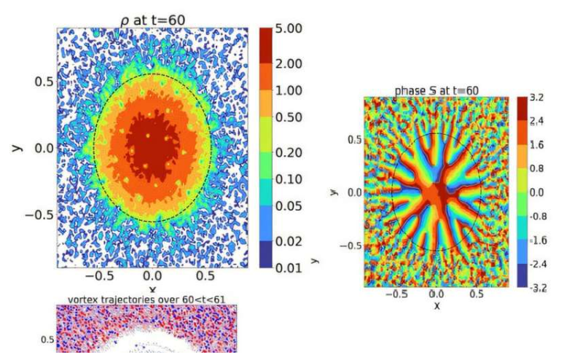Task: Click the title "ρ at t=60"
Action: point(152,20)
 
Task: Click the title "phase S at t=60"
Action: point(436,90)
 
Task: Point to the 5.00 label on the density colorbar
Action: point(293,30)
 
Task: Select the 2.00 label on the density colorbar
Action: point(293,64)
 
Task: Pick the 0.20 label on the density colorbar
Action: point(293,152)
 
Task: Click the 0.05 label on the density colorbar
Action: point(293,206)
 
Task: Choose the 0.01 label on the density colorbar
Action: point(293,267)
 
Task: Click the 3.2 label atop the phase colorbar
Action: point(537,97)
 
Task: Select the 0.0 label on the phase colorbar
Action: point(537,192)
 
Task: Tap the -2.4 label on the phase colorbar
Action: point(537,264)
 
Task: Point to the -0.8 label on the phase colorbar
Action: point(537,216)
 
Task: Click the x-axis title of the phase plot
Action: point(436,305)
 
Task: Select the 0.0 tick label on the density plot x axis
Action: point(152,277)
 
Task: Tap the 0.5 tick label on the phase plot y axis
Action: point(354,138)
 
